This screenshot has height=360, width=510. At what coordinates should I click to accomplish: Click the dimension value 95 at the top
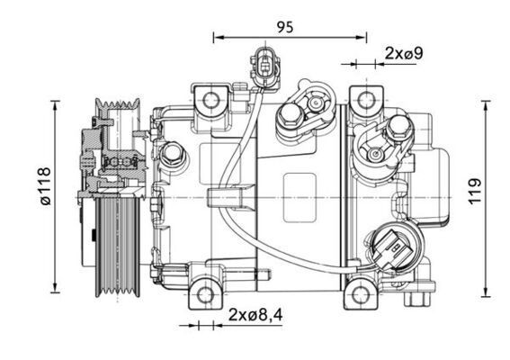click(285, 27)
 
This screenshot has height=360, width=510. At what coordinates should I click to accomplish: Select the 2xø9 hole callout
click(403, 53)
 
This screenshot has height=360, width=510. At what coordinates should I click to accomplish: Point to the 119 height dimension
click(476, 191)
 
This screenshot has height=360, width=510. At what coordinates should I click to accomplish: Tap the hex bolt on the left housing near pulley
click(173, 154)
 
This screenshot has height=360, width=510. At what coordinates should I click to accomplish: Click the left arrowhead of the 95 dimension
click(217, 38)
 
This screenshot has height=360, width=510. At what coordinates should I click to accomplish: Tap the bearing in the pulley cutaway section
click(116, 162)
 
